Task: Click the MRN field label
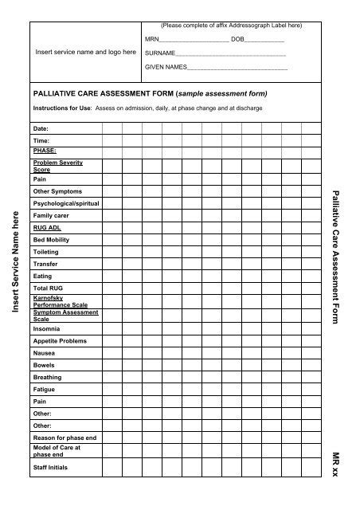(x=152, y=38)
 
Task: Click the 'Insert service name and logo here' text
(x=85, y=53)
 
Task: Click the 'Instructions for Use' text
(x=62, y=107)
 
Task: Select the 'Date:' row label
(x=41, y=127)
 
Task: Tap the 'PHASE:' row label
(x=45, y=150)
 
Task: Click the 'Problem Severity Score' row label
(x=57, y=166)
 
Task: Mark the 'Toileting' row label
(x=46, y=251)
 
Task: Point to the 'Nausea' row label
(x=44, y=352)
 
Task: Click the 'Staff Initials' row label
(x=51, y=467)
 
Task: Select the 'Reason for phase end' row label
(x=65, y=437)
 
